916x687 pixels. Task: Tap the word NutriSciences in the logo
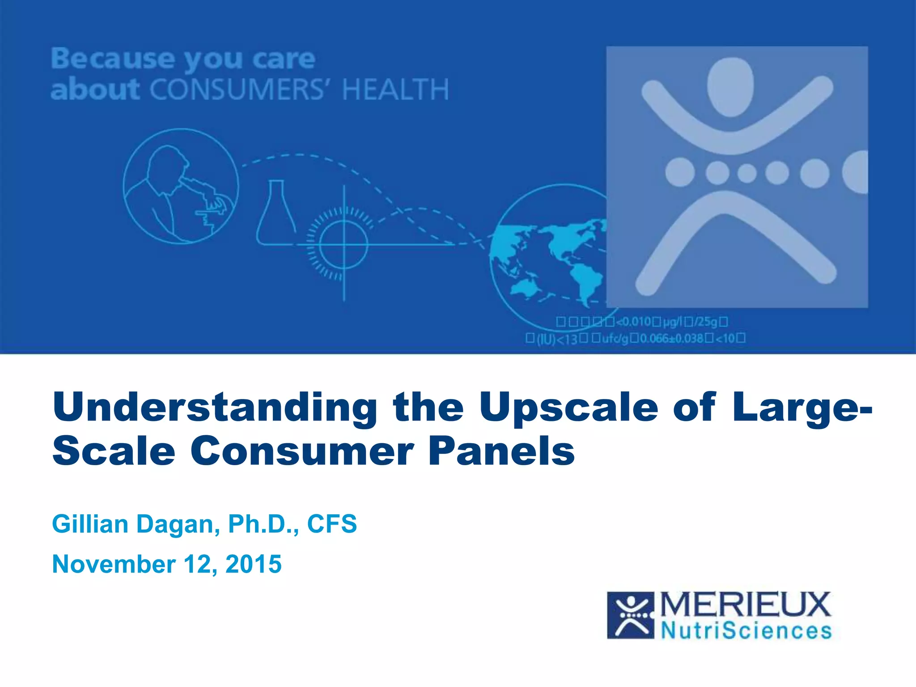(x=746, y=631)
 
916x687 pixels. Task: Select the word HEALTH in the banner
(x=395, y=89)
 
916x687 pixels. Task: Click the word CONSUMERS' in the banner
(x=237, y=89)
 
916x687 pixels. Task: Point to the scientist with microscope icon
(x=181, y=186)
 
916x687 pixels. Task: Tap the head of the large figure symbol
(x=730, y=87)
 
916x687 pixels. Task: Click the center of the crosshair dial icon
(x=343, y=244)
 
